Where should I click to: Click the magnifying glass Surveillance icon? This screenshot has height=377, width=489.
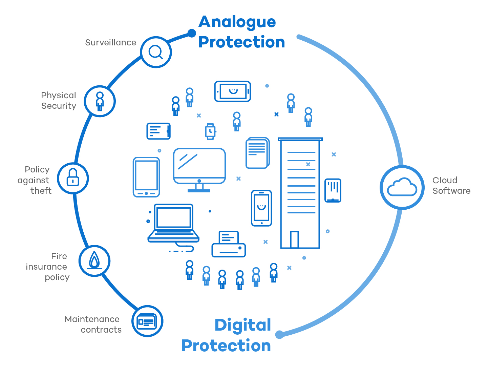(156, 52)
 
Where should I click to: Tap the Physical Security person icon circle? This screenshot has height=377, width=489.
(100, 101)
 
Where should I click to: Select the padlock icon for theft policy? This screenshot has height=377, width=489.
(73, 178)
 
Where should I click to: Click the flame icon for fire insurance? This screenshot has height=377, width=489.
(94, 261)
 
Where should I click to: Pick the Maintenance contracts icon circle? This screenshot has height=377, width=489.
(147, 321)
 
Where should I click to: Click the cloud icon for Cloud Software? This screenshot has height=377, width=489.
(402, 187)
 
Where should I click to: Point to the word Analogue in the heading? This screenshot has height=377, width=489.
(237, 22)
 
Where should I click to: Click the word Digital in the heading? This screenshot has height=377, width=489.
(243, 326)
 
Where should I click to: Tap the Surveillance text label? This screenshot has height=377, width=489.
(110, 43)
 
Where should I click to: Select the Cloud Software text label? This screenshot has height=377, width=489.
(451, 186)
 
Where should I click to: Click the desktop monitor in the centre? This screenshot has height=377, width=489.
(199, 166)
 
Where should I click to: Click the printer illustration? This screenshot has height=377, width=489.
(229, 245)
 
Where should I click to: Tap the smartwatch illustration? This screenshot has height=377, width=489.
(210, 131)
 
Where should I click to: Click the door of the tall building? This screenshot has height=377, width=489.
(294, 239)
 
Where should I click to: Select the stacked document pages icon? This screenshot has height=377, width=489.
(257, 153)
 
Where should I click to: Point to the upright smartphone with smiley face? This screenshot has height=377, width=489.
(261, 208)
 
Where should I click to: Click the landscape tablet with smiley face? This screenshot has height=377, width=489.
(233, 91)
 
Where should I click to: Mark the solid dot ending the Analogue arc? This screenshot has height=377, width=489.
(192, 33)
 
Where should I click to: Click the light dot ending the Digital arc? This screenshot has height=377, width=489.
(279, 335)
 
